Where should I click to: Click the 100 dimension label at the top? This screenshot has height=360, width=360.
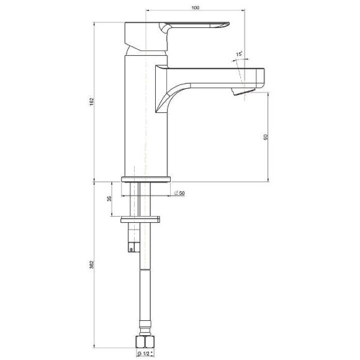195,7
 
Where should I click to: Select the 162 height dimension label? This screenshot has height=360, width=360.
92,102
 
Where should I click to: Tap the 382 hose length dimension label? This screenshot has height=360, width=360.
92,264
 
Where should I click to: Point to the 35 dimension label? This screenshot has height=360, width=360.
109,199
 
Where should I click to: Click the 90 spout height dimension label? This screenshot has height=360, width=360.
266,137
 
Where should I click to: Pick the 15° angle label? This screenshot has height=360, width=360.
239,54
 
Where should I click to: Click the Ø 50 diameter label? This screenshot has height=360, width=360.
179,193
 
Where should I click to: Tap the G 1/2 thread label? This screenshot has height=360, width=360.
145,354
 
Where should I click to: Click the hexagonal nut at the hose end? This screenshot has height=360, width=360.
145,342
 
